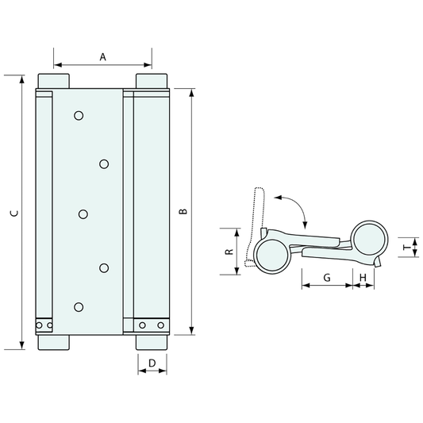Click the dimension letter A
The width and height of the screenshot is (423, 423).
[102, 56]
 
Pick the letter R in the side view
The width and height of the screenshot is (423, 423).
[228, 252]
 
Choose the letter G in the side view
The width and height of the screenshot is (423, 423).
[327, 277]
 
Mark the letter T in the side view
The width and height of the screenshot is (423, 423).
[406, 248]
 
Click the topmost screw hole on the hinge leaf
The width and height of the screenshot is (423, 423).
[78, 116]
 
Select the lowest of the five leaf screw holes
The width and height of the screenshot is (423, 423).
[78, 307]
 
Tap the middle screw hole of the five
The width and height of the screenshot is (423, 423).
[83, 213]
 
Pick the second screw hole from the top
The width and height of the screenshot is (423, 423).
[104, 163]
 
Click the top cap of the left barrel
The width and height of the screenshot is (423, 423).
[54, 83]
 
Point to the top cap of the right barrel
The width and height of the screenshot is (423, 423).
[151, 83]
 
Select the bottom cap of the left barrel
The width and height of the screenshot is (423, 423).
[54, 343]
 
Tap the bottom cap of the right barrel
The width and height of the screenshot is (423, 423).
[151, 343]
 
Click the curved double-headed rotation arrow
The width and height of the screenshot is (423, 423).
[294, 204]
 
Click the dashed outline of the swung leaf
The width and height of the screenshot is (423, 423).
[255, 214]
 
